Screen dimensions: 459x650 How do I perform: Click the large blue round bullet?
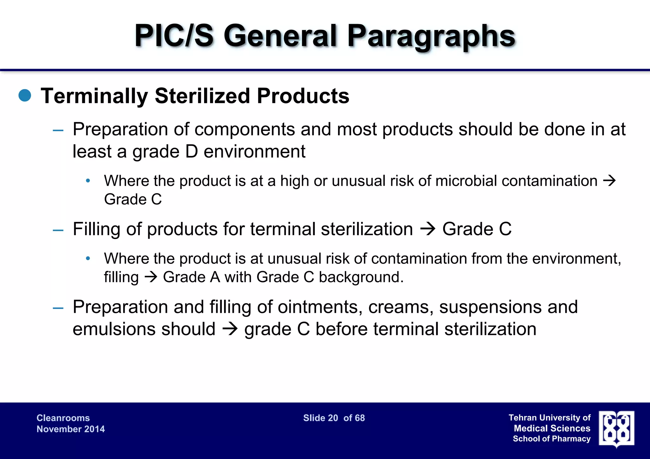25,95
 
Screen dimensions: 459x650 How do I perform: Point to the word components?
245,129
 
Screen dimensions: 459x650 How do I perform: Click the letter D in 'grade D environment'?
191,152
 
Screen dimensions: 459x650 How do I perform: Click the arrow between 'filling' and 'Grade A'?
151,277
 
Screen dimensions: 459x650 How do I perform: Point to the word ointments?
320,307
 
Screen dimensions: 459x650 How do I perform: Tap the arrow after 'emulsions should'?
230,329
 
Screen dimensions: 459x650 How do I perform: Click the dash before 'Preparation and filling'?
58,308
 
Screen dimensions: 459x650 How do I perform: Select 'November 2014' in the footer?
70,429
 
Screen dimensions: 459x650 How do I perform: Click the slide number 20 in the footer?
333,418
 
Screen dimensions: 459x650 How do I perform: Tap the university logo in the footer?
616,429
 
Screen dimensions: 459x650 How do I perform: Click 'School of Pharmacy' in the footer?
552,439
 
